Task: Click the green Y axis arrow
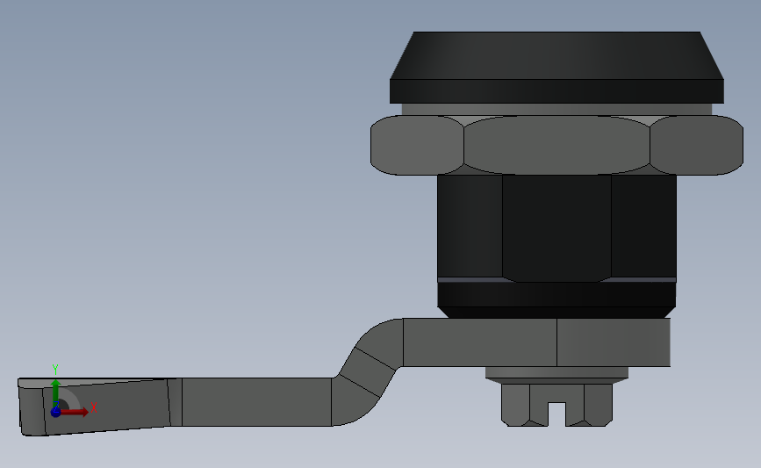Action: tap(55, 390)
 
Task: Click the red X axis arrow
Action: tap(76, 410)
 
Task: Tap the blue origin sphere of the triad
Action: tap(55, 411)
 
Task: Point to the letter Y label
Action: tap(54, 369)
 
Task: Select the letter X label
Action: tap(93, 407)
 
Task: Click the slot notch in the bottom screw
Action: tap(557, 412)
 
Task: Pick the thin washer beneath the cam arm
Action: tap(557, 372)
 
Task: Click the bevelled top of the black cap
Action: tap(556, 55)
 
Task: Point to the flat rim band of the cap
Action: tap(556, 90)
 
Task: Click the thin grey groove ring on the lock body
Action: tap(556, 279)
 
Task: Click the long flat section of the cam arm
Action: tap(255, 402)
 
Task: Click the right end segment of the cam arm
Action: tap(614, 342)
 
